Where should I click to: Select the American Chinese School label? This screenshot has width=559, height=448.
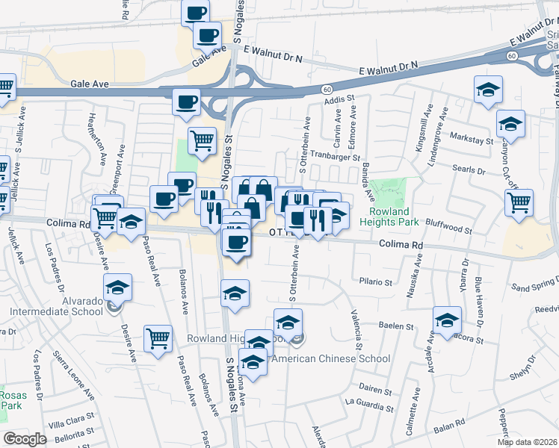click(x=331, y=358)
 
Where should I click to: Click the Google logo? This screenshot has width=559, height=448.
click(x=25, y=438)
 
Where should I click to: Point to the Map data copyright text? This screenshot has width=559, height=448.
click(x=526, y=441)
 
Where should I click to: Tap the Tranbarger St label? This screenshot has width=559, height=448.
click(x=336, y=158)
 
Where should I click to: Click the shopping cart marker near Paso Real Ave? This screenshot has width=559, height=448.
click(x=158, y=338)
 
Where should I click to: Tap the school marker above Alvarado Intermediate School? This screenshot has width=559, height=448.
click(x=118, y=287)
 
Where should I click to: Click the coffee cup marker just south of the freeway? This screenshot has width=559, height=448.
click(x=186, y=102)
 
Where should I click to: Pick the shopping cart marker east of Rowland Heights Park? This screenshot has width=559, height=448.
click(x=519, y=202)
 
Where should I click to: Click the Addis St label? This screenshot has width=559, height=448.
click(x=339, y=98)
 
